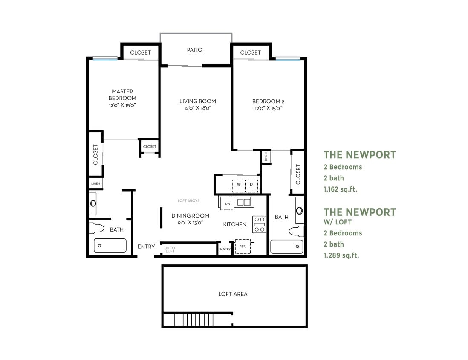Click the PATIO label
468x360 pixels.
[194, 50]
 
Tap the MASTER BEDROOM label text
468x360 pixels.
[122, 95]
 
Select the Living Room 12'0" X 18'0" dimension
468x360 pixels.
[197, 108]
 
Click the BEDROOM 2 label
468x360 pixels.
[268, 101]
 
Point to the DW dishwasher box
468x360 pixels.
[228, 204]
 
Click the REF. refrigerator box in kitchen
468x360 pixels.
[243, 247]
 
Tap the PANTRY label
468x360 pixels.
[225, 249]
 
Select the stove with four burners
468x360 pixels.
[260, 224]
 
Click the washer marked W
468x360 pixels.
[239, 185]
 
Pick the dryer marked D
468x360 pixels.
[251, 185]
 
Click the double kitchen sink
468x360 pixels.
[244, 202]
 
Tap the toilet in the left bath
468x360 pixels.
[98, 228]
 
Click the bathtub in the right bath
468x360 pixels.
[287, 247]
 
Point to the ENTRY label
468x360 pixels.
[146, 247]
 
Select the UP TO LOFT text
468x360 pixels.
[170, 250]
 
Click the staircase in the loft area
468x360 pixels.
[194, 319]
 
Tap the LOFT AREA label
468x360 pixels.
[233, 294]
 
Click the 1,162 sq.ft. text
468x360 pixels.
[340, 189]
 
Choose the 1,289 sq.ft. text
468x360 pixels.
[341, 255]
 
